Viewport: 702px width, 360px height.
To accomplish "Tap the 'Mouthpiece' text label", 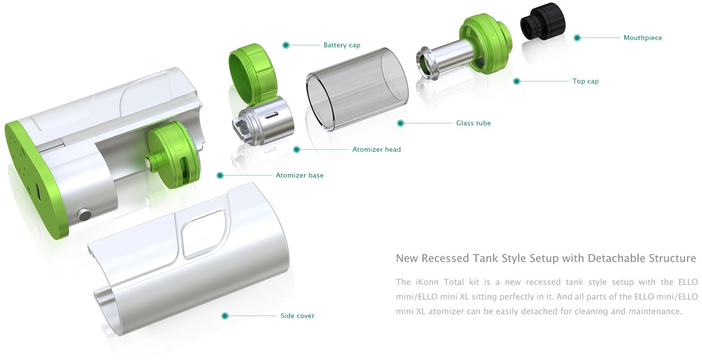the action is point(642,38).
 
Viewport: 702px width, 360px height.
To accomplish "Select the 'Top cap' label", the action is point(585,81).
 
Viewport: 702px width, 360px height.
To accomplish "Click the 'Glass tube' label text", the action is point(473,123).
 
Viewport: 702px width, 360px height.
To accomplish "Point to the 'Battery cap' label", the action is point(341,45).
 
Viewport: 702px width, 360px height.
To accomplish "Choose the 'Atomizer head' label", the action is point(377,149).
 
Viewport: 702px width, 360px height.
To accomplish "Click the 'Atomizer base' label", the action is point(300,175).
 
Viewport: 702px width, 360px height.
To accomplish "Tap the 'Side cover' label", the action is point(297,316).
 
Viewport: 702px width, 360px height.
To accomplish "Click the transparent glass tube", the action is point(357,89).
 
